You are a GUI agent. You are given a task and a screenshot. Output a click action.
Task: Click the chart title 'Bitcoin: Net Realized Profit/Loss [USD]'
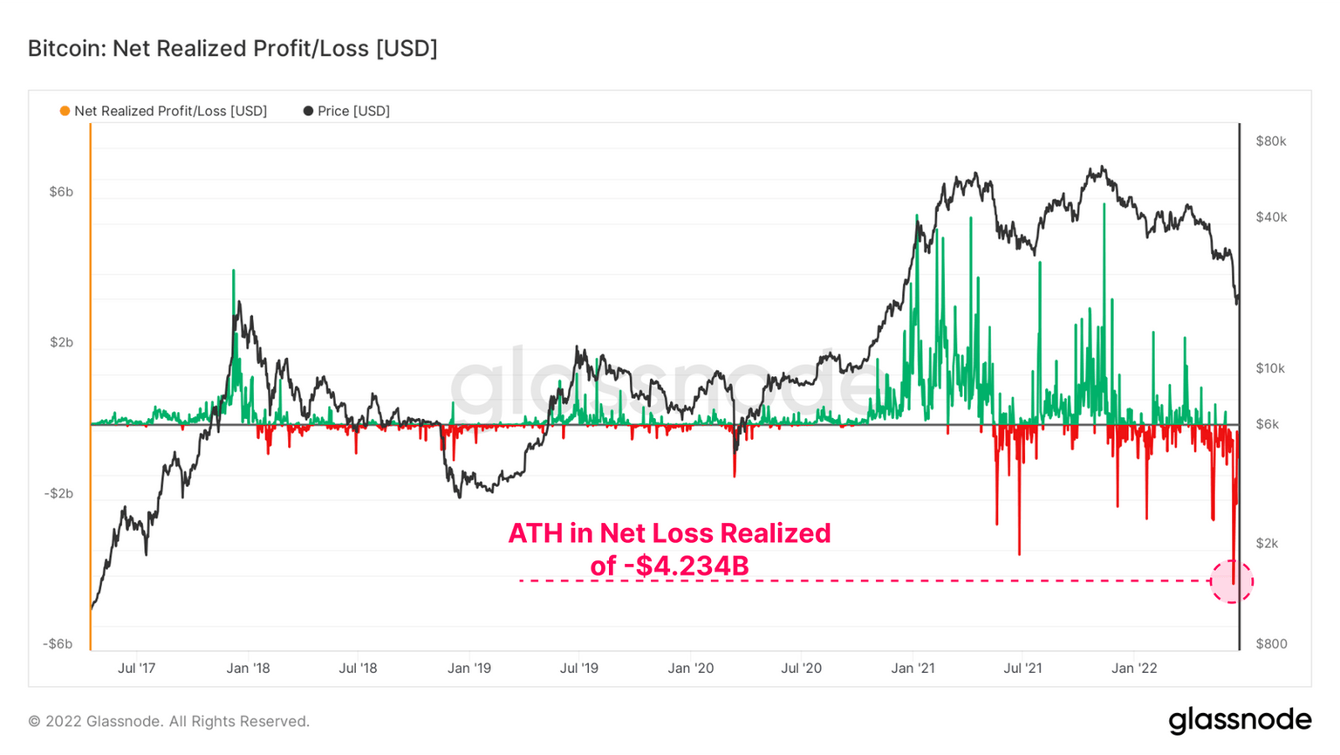(x=232, y=48)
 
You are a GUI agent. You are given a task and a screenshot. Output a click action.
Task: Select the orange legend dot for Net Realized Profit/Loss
(x=65, y=111)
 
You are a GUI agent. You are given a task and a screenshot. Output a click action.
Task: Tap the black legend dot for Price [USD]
(x=308, y=111)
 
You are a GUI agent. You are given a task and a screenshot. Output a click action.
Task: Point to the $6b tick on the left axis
(x=61, y=191)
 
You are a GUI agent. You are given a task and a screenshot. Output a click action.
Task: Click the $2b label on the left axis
(x=61, y=342)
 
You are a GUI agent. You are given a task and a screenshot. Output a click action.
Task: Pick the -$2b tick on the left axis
(x=58, y=493)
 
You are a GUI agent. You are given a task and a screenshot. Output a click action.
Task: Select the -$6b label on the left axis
(x=58, y=644)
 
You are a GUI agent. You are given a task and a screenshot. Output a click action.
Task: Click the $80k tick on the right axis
(x=1270, y=141)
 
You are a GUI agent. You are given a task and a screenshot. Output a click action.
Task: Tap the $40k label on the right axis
(x=1270, y=217)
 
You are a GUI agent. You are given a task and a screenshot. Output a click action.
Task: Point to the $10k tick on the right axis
(x=1270, y=368)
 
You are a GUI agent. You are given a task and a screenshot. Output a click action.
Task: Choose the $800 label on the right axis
(x=1271, y=644)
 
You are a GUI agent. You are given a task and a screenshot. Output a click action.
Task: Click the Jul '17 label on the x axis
(x=136, y=669)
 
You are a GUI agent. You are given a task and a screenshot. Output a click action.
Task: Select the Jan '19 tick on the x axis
(x=469, y=669)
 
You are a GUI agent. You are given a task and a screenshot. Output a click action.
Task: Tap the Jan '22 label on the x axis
(x=1134, y=669)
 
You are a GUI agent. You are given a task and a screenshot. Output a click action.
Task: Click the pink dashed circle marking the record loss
(x=1232, y=581)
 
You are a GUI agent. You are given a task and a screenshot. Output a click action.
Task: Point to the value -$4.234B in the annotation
(x=686, y=566)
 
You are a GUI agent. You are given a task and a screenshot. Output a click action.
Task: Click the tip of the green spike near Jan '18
(x=233, y=271)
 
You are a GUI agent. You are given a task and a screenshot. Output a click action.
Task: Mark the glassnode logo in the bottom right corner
(x=1239, y=721)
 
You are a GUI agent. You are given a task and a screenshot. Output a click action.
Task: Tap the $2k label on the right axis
(x=1267, y=543)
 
